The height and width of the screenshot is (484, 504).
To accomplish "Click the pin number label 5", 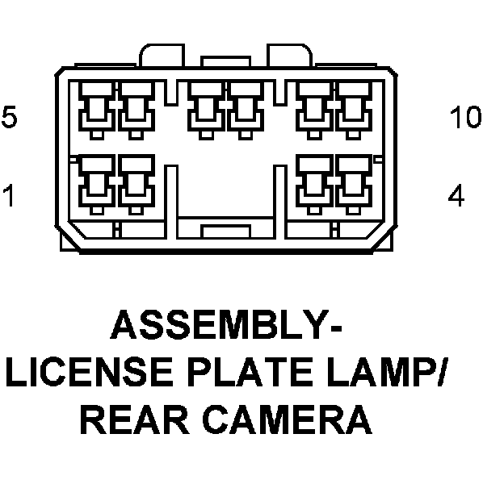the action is [x=8, y=118].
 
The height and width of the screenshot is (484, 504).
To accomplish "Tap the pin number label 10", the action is [x=464, y=118].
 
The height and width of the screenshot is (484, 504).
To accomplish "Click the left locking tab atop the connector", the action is [x=161, y=55].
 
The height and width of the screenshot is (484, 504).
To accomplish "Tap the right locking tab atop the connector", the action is [x=292, y=55].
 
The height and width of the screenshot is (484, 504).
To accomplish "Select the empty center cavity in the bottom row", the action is [x=225, y=190].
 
